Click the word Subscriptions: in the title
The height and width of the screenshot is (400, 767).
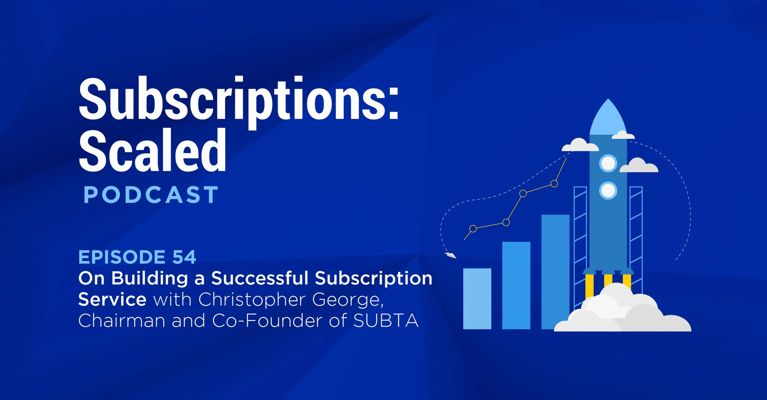click(x=239, y=100)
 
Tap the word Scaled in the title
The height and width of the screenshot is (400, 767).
click(x=152, y=151)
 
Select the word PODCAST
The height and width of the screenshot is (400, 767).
click(x=151, y=195)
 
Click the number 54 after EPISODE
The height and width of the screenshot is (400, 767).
click(x=184, y=257)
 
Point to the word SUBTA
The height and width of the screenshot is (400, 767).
click(x=386, y=321)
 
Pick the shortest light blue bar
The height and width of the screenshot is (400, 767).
click(x=477, y=299)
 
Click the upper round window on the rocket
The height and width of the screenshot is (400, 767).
click(x=608, y=163)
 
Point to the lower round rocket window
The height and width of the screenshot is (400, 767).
click(x=608, y=190)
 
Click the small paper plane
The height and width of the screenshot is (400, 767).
click(x=450, y=255)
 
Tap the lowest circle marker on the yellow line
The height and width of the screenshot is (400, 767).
click(x=473, y=229)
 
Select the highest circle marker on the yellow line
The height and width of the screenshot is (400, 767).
click(x=554, y=184)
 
